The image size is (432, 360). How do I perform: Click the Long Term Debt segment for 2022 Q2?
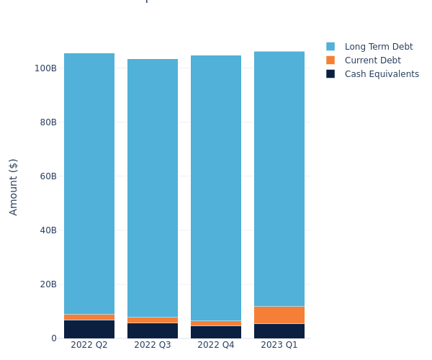[89, 184]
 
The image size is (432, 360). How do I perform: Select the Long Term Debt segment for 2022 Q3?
[153, 188]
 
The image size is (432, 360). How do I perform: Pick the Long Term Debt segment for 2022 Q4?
[216, 188]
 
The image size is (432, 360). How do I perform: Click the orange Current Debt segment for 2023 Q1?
[279, 315]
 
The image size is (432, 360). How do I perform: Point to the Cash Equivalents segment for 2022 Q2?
[89, 329]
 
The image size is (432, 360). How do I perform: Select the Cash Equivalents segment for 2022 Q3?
[153, 330]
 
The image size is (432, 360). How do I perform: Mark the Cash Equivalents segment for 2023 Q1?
[279, 330]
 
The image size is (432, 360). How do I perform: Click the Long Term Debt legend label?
[379, 47]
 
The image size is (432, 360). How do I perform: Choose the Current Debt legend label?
[372, 60]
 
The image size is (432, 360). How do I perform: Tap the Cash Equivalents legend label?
[382, 74]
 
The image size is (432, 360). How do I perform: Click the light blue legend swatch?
[330, 47]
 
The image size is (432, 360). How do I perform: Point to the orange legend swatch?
[330, 60]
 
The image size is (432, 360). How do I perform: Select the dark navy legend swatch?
[330, 74]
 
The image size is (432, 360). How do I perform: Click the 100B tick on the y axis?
[45, 68]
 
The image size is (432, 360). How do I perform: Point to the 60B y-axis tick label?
[48, 176]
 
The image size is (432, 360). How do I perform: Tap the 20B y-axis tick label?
[48, 284]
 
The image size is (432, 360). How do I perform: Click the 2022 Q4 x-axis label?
[216, 345]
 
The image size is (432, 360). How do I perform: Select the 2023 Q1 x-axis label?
[279, 345]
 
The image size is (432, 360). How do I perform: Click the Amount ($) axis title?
[14, 186]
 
